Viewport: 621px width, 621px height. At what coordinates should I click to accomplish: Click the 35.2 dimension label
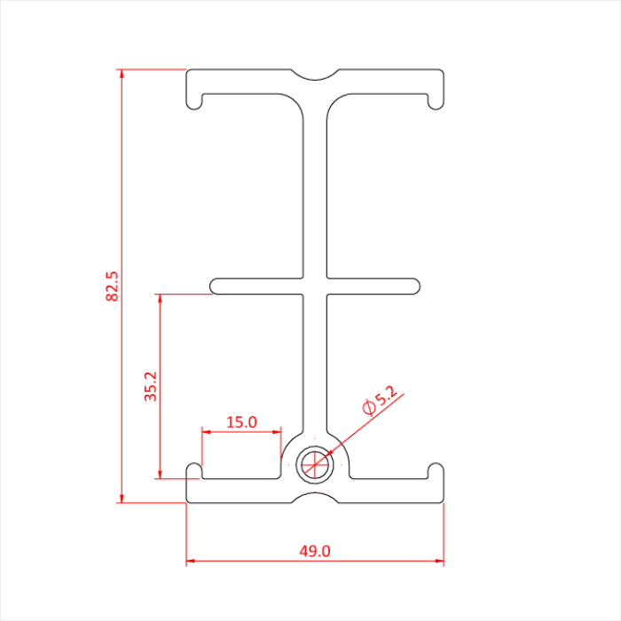click(151, 387)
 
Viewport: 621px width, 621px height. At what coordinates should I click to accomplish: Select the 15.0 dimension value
click(241, 422)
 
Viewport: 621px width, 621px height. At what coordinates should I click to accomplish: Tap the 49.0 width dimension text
click(314, 551)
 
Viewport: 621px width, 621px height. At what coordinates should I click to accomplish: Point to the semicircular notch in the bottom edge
click(315, 498)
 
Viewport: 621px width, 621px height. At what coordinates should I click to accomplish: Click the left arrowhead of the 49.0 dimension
click(191, 562)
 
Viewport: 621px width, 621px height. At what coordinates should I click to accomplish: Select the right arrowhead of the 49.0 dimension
click(439, 562)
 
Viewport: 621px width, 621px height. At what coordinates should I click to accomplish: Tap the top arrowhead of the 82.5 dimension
click(122, 74)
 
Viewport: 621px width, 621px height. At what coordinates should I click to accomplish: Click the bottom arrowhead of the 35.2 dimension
click(160, 474)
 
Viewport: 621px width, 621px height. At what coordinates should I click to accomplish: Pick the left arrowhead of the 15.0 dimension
click(207, 432)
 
